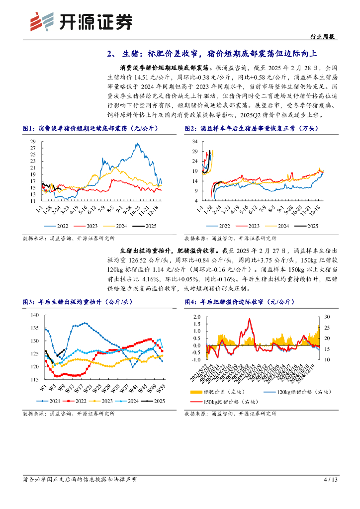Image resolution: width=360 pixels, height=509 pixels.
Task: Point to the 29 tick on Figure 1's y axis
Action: [33, 142]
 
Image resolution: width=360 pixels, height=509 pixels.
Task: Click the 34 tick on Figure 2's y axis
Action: [196, 141]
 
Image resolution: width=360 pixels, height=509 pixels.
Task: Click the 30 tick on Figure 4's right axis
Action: [327, 317]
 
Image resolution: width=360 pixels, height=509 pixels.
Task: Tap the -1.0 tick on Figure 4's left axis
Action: [195, 359]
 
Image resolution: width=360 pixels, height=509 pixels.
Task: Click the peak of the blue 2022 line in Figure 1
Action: [136, 143]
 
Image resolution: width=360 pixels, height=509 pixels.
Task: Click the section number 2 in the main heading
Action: [110, 54]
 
